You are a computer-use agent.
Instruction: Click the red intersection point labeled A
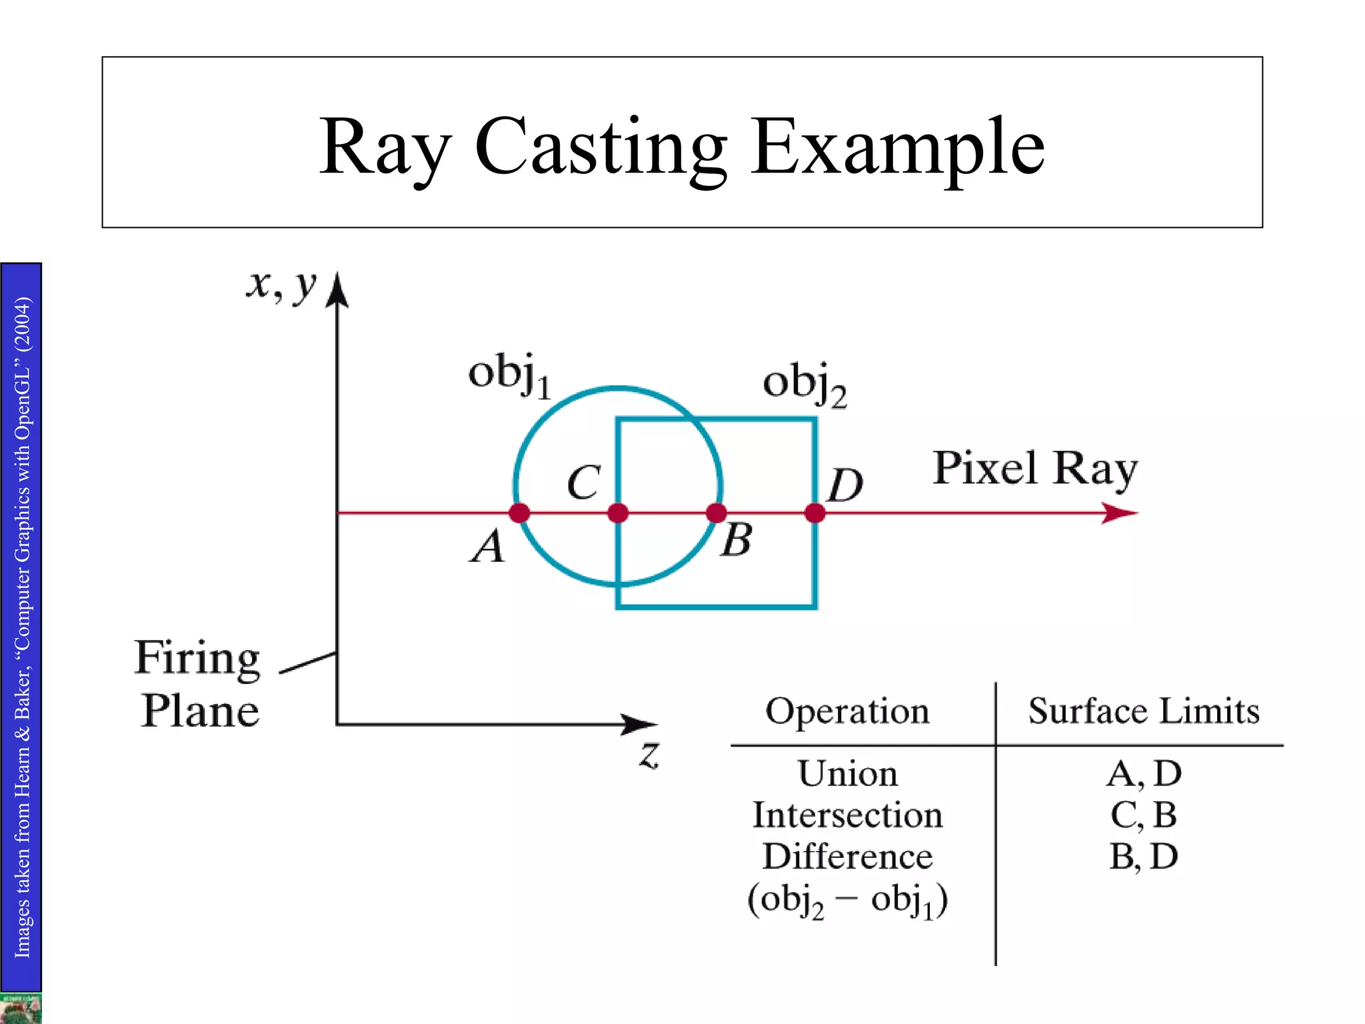[x=519, y=513]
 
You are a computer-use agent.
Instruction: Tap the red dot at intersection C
[x=618, y=513]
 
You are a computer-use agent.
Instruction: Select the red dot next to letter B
[x=716, y=513]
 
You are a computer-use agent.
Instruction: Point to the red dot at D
[x=814, y=513]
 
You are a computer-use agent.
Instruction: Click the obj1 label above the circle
[x=510, y=375]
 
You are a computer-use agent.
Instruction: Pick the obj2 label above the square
[x=804, y=385]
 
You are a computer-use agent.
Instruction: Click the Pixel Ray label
[x=1035, y=469]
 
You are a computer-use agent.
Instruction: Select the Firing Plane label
[x=198, y=684]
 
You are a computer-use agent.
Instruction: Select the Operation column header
[x=847, y=711]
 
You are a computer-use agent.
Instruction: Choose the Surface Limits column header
[x=1144, y=711]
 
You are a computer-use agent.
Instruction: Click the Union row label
[x=848, y=774]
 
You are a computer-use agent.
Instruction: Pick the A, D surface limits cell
[x=1144, y=774]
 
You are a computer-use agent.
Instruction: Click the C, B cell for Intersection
[x=1144, y=815]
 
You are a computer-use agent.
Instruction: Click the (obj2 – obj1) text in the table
[x=847, y=900]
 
